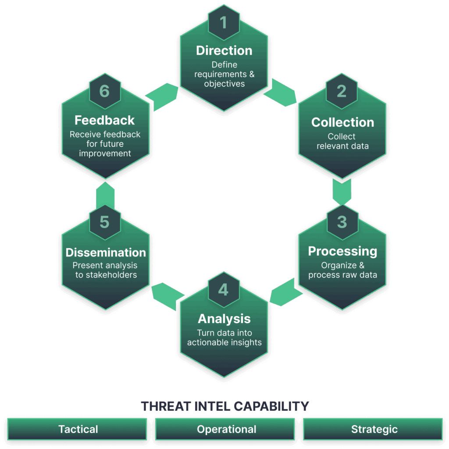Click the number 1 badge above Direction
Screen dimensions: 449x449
[224, 22]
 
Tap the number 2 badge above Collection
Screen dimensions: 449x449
[342, 91]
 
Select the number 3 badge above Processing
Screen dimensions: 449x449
[342, 222]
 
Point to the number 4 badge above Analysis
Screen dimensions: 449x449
[224, 290]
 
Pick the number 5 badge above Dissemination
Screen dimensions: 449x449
[104, 222]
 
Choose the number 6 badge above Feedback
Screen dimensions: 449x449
[104, 91]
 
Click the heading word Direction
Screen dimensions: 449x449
[224, 50]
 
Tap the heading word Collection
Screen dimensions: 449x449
[342, 122]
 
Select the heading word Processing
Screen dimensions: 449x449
[342, 251]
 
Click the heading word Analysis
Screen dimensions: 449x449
[224, 319]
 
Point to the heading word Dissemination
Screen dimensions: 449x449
[106, 253]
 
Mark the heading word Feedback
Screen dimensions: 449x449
[104, 120]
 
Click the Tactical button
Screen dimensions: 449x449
[78, 429]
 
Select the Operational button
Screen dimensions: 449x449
[226, 429]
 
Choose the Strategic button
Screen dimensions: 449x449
[374, 429]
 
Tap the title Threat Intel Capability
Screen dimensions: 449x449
[225, 406]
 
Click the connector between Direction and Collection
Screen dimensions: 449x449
[280, 92]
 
